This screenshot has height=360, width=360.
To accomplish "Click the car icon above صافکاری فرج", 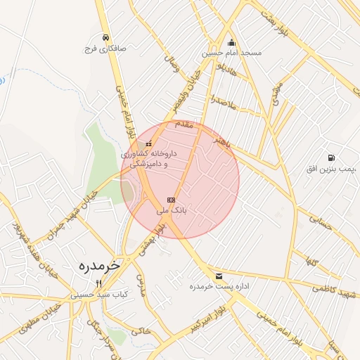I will (x=105, y=37).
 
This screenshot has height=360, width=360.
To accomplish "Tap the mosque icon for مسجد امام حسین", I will (x=232, y=41).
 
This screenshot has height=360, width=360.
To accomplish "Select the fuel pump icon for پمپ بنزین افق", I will (x=331, y=157).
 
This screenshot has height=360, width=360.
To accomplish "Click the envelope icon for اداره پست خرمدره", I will (x=220, y=276).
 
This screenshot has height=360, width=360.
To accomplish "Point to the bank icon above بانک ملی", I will (x=171, y=200).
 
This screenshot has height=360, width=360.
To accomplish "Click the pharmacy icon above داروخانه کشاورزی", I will (x=148, y=143).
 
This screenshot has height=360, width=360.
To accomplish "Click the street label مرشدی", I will (x=276, y=91).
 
